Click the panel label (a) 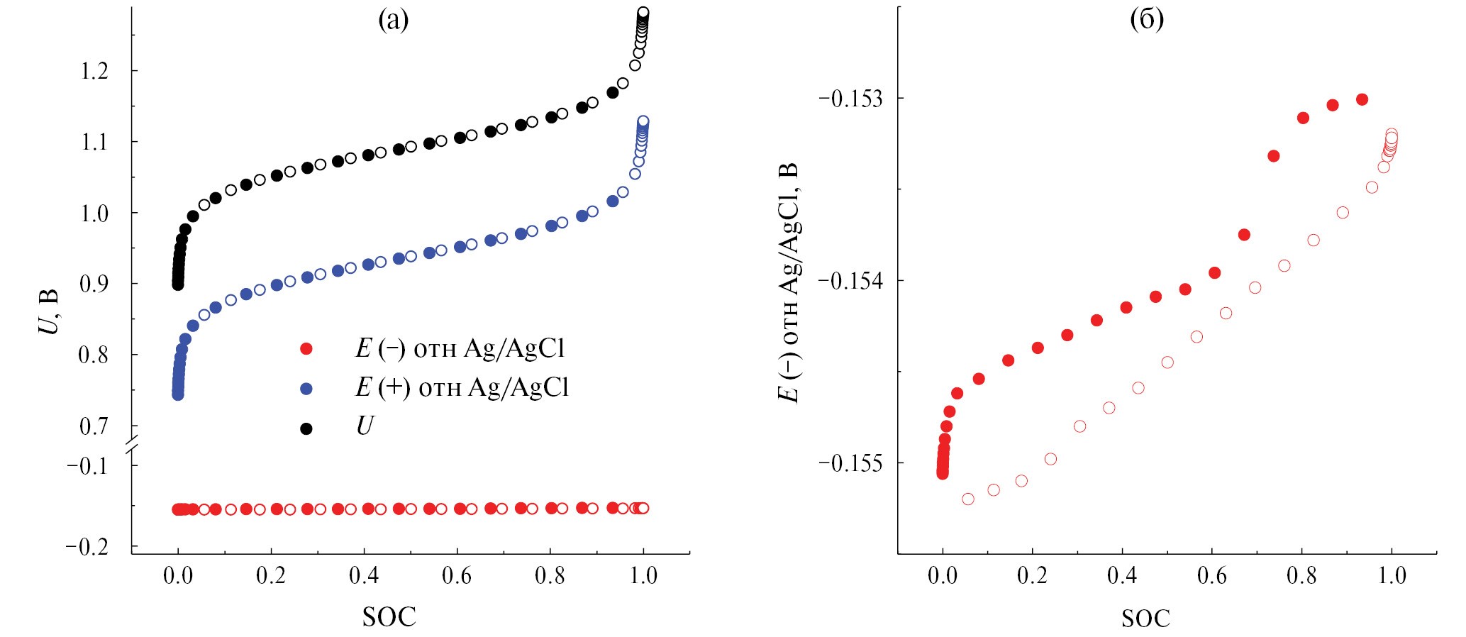[x=393, y=20]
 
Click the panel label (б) [x=1146, y=20]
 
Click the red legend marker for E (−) [x=306, y=348]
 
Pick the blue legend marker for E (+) [x=306, y=388]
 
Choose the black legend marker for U [x=306, y=428]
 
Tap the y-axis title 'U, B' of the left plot [x=48, y=312]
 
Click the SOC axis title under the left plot [x=389, y=616]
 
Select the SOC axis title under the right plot [x=1145, y=618]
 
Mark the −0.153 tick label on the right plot [x=851, y=97]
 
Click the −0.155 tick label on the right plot [x=851, y=462]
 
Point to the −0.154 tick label [x=851, y=280]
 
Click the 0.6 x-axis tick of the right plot [x=1211, y=575]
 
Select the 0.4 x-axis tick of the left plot [x=363, y=575]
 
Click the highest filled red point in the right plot [x=1362, y=99]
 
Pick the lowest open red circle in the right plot [x=968, y=499]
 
